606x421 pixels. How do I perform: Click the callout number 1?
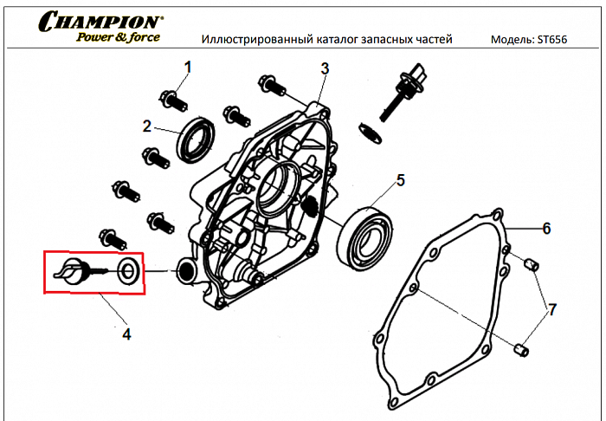point(188,66)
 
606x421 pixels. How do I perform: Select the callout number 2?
point(147,126)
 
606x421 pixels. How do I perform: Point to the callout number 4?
point(126,332)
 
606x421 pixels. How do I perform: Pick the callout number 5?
point(400,180)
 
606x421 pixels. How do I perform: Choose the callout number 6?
point(546,229)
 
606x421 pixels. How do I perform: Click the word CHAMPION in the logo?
point(100,21)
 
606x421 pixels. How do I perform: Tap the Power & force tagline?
point(117,36)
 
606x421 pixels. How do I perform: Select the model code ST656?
point(551,40)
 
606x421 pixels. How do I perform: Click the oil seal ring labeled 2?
point(196,138)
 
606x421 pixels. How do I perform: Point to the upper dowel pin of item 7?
point(533,262)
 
